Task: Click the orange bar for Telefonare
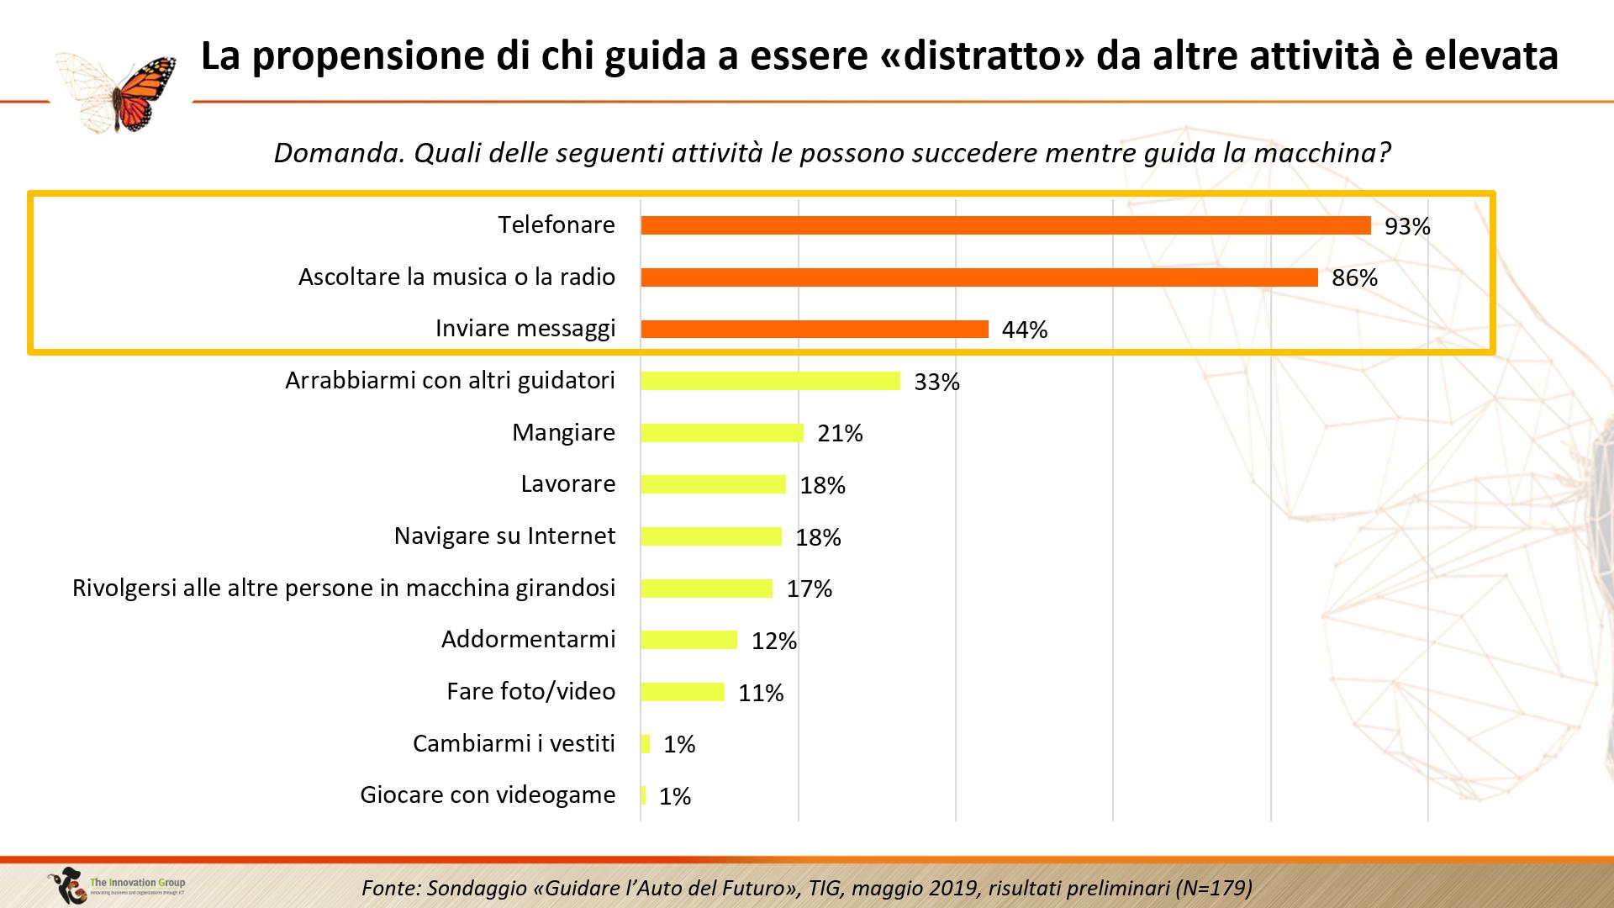[1005, 225]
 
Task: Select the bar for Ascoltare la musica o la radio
[979, 277]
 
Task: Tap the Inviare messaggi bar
[814, 329]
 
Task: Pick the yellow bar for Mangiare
[722, 433]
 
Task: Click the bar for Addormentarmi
[688, 640]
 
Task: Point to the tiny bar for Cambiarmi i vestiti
[646, 744]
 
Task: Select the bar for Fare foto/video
[683, 692]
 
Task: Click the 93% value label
[1407, 226]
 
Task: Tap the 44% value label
[1024, 330]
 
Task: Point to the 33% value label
[936, 382]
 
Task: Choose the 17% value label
[809, 589]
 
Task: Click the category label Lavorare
[567, 484]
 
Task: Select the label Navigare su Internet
[504, 536]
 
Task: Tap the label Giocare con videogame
[488, 794]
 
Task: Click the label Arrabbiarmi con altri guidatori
[450, 381]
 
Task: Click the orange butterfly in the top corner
[143, 92]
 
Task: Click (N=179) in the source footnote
[1213, 888]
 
